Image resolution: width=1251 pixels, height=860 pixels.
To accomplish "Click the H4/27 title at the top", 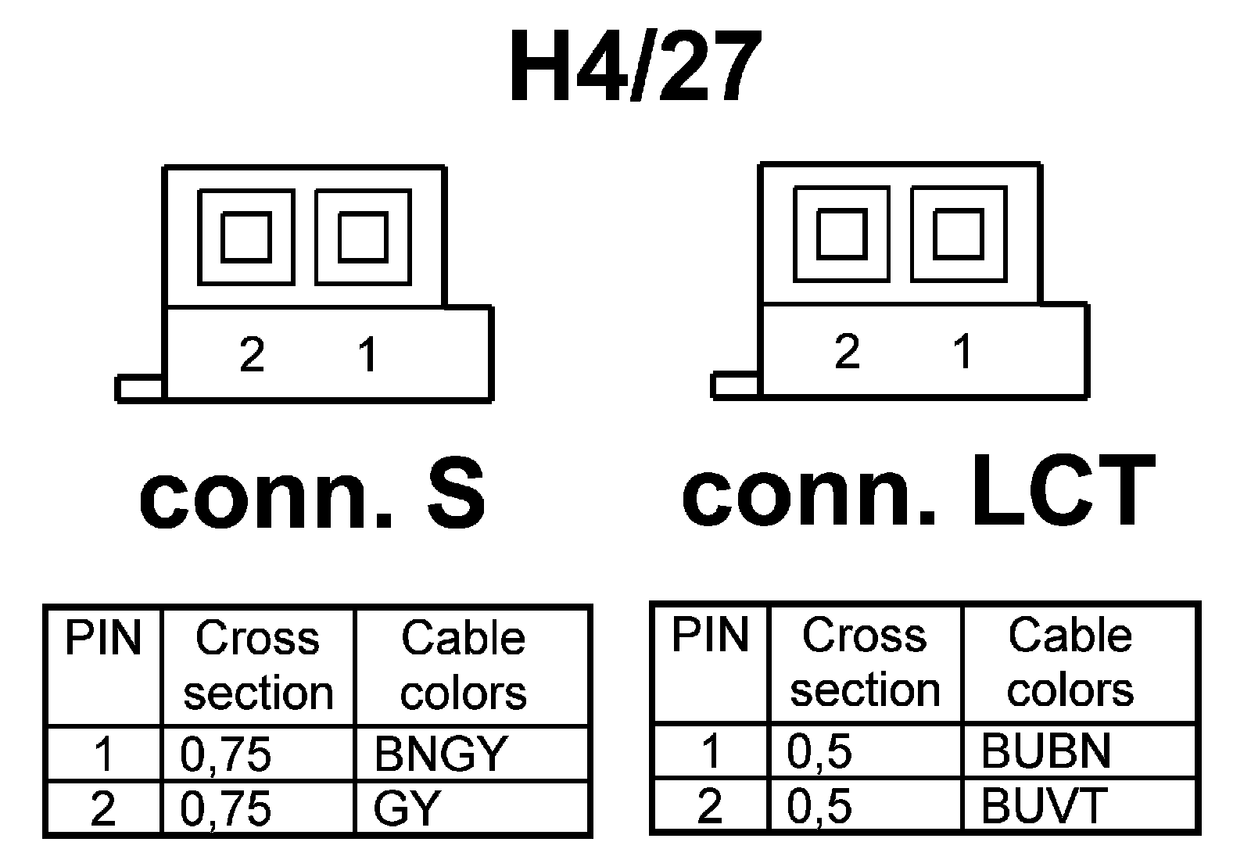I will [635, 69].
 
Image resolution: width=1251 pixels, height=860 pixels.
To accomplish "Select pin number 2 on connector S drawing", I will [252, 355].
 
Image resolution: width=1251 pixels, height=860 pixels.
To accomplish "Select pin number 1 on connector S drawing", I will [367, 355].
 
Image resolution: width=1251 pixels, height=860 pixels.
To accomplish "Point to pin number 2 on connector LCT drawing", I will [847, 351].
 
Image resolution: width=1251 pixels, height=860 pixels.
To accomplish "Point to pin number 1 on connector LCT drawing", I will [962, 351].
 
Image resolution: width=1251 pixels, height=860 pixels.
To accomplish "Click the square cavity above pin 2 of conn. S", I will [246, 236].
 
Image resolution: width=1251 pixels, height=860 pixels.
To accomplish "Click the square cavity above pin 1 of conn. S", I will [363, 236].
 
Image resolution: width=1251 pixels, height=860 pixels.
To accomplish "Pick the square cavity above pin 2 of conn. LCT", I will [841, 234].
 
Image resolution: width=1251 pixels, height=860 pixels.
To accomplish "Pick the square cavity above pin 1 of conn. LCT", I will [959, 234].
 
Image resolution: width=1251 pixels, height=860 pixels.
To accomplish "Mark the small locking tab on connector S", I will [140, 388].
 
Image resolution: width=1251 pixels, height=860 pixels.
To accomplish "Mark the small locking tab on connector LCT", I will [735, 385].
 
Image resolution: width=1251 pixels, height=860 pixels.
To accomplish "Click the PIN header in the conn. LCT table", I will [710, 635].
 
